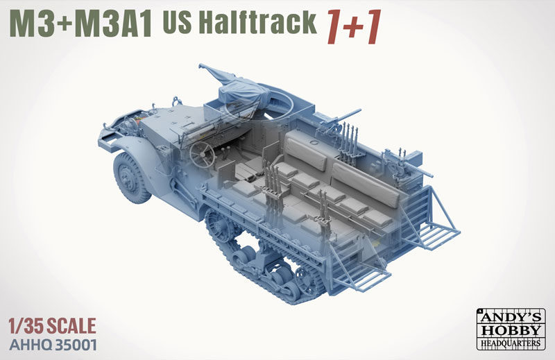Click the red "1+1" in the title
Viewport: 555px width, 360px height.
[x=354, y=27]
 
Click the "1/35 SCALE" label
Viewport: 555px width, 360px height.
[x=52, y=326]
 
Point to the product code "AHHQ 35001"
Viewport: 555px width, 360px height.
[x=53, y=345]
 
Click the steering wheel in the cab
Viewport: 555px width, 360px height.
[x=202, y=155]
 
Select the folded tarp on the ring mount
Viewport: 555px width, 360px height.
[x=237, y=88]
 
